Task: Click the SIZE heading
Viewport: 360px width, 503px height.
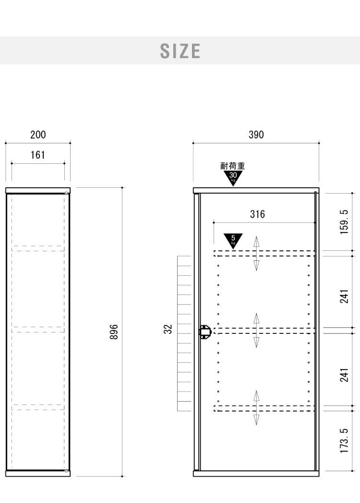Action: click(x=180, y=51)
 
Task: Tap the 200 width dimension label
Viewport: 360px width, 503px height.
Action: click(x=38, y=135)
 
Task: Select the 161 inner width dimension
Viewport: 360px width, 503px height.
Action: click(x=38, y=155)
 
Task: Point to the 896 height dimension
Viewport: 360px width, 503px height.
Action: click(x=114, y=331)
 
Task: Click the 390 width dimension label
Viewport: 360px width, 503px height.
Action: click(x=256, y=135)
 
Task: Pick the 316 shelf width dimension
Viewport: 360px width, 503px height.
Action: click(x=257, y=214)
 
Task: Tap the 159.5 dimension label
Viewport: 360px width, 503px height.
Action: click(x=344, y=221)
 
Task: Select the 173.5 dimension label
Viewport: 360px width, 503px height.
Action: click(x=344, y=441)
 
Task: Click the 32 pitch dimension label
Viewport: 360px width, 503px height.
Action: click(x=168, y=329)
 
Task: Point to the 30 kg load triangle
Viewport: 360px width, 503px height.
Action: click(x=233, y=177)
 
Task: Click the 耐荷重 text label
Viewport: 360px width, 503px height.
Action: click(x=233, y=166)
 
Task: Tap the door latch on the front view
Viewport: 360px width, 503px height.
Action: click(x=205, y=331)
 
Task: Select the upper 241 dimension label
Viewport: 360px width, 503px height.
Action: click(x=344, y=296)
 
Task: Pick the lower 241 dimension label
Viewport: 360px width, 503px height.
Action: click(x=344, y=375)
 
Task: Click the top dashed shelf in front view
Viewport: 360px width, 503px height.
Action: click(x=264, y=254)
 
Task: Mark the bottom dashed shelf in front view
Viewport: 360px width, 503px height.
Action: click(x=264, y=408)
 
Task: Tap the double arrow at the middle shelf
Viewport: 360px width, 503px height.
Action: click(x=256, y=331)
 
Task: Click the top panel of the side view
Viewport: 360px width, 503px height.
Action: click(x=38, y=190)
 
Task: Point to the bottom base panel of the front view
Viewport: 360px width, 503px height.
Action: click(x=256, y=474)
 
